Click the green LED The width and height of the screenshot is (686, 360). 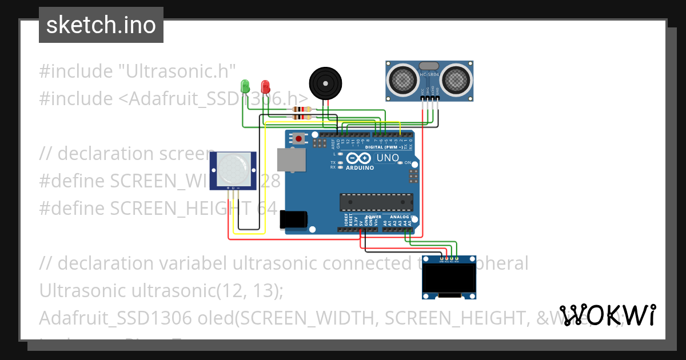[245, 86]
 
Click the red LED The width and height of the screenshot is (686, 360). [265, 86]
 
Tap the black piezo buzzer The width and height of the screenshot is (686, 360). [326, 83]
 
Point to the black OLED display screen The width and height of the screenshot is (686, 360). [449, 278]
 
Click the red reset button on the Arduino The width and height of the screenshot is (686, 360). [299, 138]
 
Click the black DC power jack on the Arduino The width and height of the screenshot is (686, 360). [293, 221]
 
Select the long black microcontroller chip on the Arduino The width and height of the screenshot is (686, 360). [376, 202]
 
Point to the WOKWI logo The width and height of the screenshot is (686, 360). [607, 315]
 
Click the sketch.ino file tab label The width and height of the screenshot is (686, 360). [101, 25]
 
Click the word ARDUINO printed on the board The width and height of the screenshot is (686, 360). [360, 168]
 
